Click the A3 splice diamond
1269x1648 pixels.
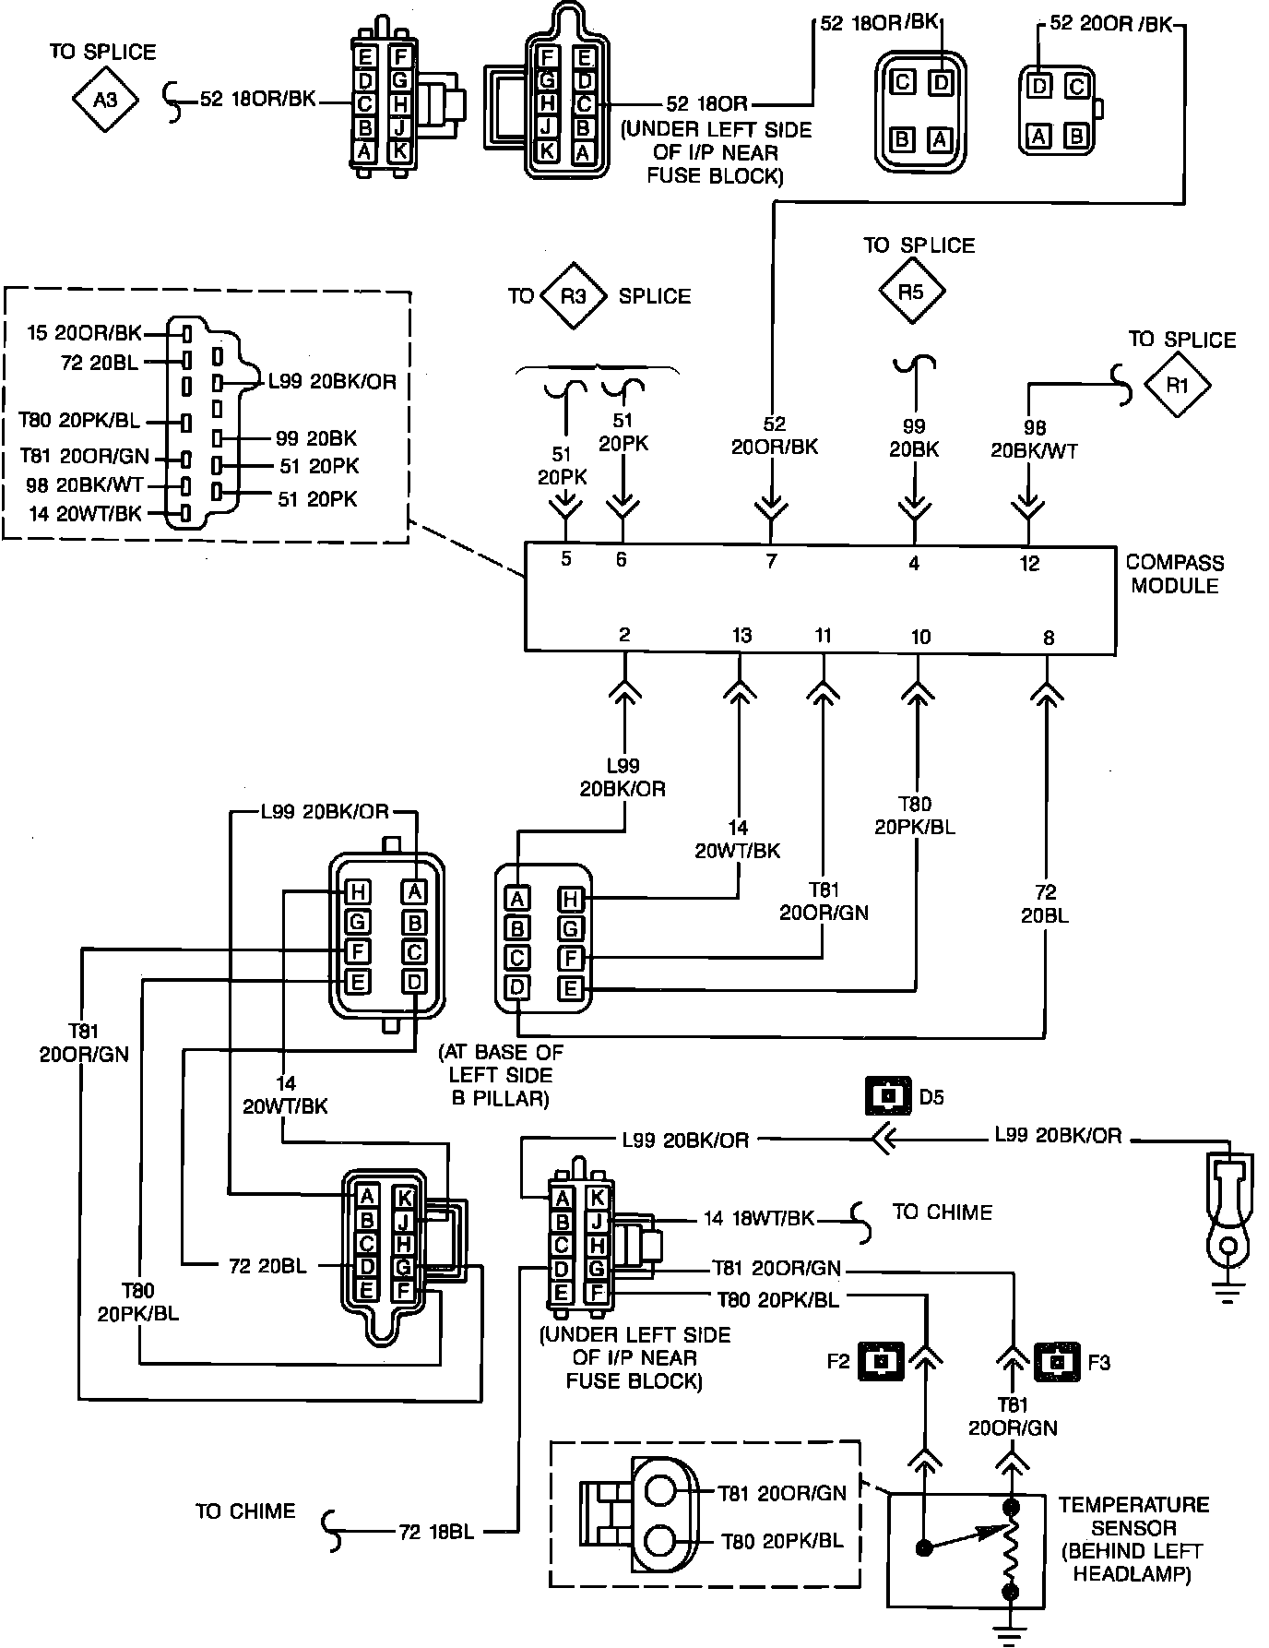(105, 99)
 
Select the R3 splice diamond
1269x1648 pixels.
(574, 296)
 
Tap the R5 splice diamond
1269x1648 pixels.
(911, 292)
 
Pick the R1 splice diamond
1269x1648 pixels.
(1178, 386)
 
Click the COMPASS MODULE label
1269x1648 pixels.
(1174, 574)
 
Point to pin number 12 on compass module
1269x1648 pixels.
(1029, 563)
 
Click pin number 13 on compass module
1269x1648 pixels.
(741, 635)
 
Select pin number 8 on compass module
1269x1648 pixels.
(1048, 637)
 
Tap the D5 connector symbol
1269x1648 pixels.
(887, 1097)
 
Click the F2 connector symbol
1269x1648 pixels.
(881, 1361)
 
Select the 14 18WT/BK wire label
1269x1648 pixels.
(758, 1218)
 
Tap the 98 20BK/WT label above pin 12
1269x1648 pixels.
(1034, 439)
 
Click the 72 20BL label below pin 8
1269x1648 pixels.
(1045, 904)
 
